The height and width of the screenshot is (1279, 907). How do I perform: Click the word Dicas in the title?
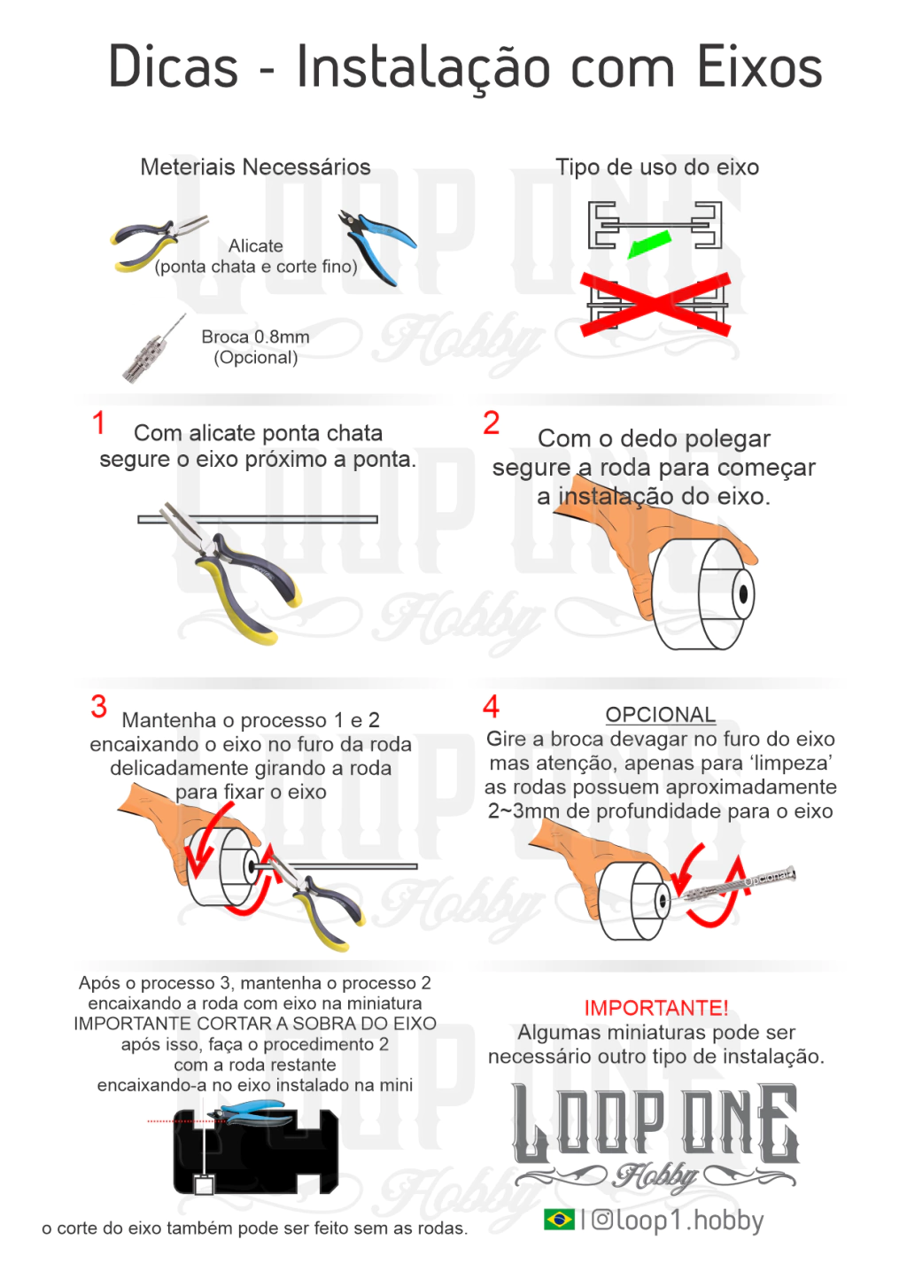tap(173, 66)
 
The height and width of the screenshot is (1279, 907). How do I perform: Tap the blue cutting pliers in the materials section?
tap(377, 246)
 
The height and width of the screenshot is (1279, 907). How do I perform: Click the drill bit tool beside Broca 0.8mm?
tap(154, 348)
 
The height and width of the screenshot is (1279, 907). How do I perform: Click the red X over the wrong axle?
tap(655, 305)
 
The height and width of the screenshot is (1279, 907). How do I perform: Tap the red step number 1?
tap(99, 423)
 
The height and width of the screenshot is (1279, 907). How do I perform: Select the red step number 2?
tap(491, 423)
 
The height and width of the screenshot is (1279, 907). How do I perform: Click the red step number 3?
tap(99, 706)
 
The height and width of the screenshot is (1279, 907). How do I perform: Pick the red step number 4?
tap(491, 706)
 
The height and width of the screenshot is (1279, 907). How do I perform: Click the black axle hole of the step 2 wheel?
tap(743, 594)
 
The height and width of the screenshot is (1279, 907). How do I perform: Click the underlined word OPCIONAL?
tap(660, 714)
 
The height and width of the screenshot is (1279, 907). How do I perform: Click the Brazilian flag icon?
tap(559, 1221)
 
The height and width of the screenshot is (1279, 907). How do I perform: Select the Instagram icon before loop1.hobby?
tap(602, 1221)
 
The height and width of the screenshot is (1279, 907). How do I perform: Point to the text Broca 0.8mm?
tap(255, 337)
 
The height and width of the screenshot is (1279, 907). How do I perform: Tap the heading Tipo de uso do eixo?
tap(657, 167)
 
